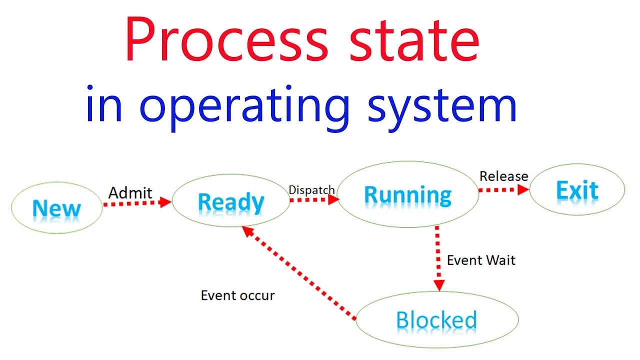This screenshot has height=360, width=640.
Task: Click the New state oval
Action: pyautogui.click(x=56, y=207)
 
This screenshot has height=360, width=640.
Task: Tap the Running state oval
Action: pyautogui.click(x=408, y=194)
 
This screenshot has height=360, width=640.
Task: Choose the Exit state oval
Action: pyautogui.click(x=577, y=190)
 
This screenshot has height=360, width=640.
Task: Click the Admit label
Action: pyautogui.click(x=130, y=192)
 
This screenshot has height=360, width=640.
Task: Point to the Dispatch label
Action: pyautogui.click(x=311, y=190)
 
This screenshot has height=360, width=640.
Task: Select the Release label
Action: pyautogui.click(x=503, y=176)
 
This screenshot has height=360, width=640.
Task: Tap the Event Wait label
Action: pyautogui.click(x=480, y=260)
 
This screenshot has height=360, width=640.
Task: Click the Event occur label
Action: pyautogui.click(x=237, y=295)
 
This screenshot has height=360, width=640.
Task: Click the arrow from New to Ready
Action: pyautogui.click(x=137, y=202)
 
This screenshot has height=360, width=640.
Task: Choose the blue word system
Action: pyautogui.click(x=442, y=106)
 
